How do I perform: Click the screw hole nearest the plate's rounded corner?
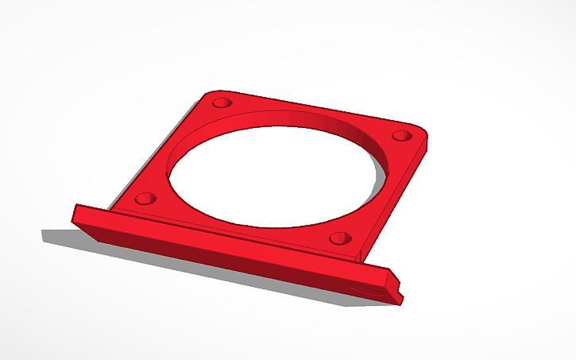click(400, 136)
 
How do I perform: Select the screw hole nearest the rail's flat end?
click(144, 197)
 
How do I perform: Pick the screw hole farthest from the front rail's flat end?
click(400, 136)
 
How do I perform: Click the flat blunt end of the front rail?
click(75, 215)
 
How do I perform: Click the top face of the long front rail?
click(230, 238)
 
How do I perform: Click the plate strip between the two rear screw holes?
click(310, 111)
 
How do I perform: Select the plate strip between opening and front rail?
click(238, 219)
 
